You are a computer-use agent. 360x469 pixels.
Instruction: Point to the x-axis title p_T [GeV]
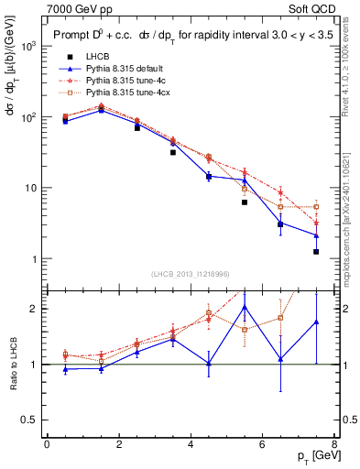pyautogui.click(x=311, y=456)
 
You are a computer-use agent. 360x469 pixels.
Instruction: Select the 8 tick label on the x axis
pyautogui.click(x=333, y=446)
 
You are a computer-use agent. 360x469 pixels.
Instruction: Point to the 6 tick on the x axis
pyautogui.click(x=262, y=446)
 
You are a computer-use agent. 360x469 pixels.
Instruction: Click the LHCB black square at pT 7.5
pyautogui.click(x=316, y=251)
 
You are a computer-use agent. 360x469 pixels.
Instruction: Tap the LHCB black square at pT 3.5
pyautogui.click(x=172, y=152)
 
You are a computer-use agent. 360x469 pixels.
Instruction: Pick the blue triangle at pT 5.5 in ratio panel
pyautogui.click(x=245, y=307)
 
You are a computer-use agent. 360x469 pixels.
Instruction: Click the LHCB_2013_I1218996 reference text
pyautogui.click(x=189, y=273)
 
